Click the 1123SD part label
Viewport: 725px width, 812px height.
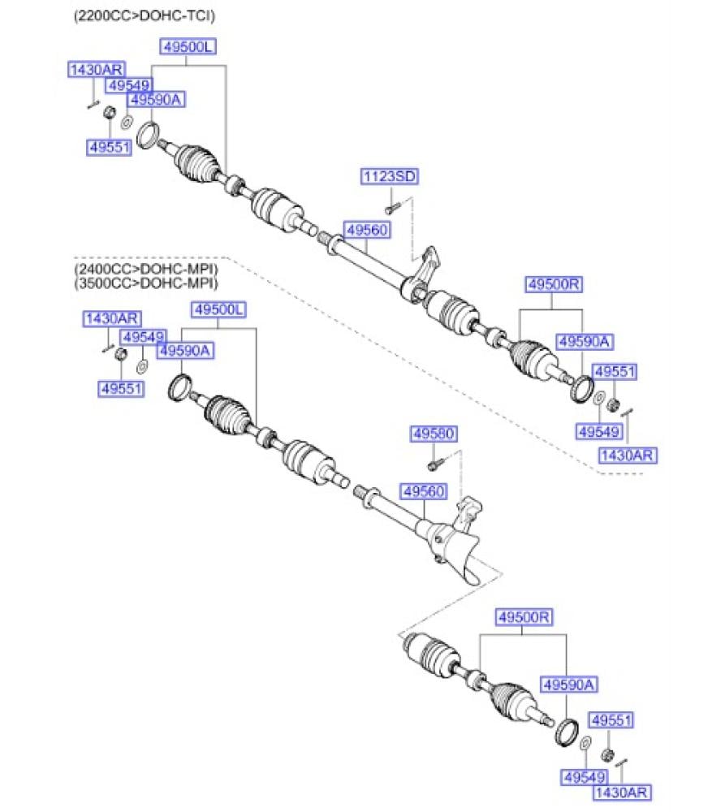[x=391, y=176]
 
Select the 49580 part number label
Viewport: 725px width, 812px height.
[x=433, y=434]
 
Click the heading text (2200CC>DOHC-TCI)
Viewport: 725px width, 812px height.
[x=145, y=15]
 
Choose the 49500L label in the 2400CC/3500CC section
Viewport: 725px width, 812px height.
[x=218, y=309]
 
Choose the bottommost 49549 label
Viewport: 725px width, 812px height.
[x=585, y=777]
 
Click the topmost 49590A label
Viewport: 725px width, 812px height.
[x=158, y=100]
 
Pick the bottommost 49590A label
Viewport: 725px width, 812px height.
[x=569, y=685]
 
